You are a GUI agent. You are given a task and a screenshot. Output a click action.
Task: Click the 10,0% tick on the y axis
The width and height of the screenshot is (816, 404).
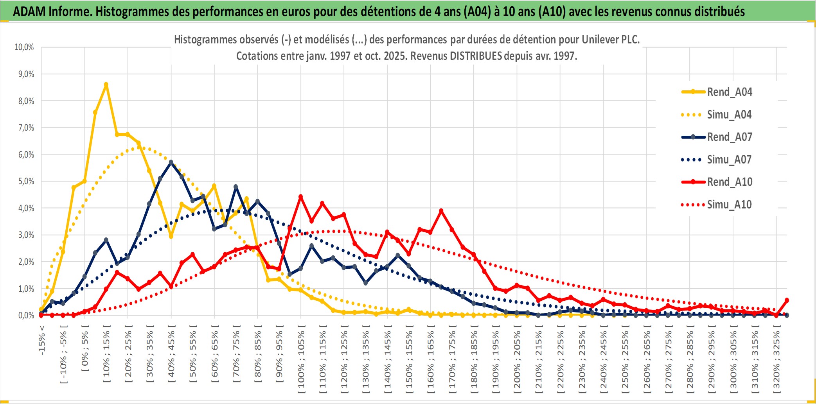tap(24, 47)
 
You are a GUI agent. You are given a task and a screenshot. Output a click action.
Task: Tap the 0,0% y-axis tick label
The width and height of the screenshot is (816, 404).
tap(26, 315)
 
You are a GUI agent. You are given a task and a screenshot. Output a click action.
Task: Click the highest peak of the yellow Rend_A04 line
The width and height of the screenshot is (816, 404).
tap(106, 84)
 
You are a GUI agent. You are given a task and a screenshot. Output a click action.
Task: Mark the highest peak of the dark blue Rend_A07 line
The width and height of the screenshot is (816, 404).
tap(171, 162)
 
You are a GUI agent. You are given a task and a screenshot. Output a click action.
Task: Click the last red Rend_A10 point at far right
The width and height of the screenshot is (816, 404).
tap(787, 300)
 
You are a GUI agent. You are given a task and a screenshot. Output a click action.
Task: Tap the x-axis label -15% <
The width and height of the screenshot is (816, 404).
tap(42, 340)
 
